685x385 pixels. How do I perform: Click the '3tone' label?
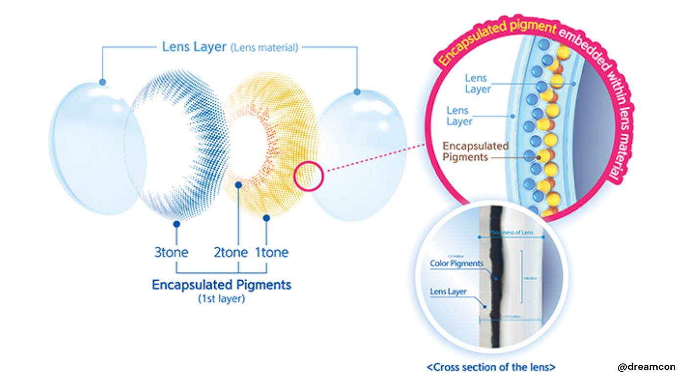(x=171, y=253)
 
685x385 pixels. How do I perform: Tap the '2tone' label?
(x=231, y=253)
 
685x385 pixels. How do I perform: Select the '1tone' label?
(x=272, y=253)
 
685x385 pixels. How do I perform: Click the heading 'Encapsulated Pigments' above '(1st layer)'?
(x=222, y=285)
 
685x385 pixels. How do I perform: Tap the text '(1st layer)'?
(x=222, y=299)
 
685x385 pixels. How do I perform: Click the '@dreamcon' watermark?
(x=646, y=367)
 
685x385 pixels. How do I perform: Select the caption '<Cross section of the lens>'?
(x=491, y=367)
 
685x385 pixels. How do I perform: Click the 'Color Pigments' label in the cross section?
(x=457, y=264)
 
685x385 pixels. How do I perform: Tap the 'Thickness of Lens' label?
(x=512, y=232)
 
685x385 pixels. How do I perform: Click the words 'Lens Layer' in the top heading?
(x=194, y=47)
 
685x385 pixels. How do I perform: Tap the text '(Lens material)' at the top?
(x=264, y=48)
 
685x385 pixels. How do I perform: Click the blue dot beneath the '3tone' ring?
(x=177, y=224)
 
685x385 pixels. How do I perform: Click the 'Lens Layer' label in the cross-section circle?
(x=448, y=292)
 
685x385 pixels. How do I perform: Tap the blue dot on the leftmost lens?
(x=102, y=82)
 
